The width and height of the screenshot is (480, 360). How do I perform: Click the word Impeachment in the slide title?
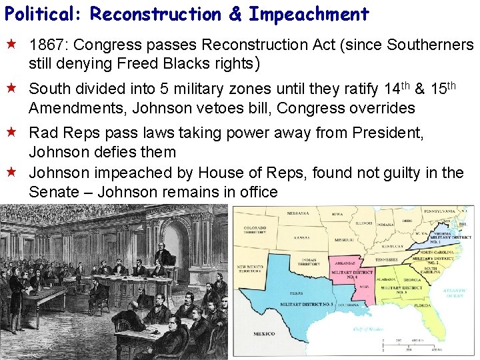(309, 13)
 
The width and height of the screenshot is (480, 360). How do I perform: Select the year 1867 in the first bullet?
(49, 45)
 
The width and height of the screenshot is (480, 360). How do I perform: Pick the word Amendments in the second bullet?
(73, 108)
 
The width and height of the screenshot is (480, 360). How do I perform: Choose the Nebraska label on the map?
(298, 214)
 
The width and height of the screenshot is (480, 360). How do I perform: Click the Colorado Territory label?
(255, 231)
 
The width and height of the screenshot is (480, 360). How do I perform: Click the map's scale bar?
(407, 345)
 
